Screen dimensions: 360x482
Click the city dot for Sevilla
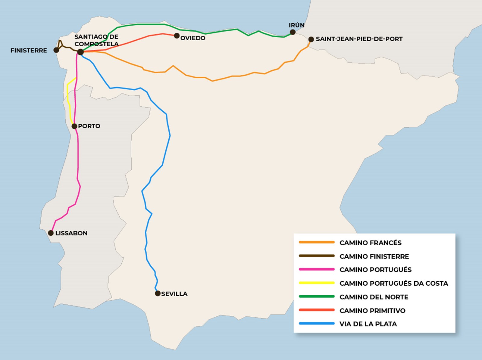(158, 293)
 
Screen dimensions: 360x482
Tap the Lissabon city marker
(51, 233)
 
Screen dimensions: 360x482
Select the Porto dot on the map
(74, 126)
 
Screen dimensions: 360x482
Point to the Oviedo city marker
(177, 36)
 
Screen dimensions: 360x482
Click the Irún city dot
(293, 32)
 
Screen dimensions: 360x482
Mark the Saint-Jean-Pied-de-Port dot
(311, 39)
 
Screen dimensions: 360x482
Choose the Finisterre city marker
(56, 50)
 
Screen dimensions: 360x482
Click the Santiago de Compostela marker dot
(80, 52)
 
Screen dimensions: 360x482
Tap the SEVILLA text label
(174, 294)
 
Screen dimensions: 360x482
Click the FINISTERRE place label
(29, 51)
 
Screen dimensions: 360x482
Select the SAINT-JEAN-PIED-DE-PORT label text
(359, 39)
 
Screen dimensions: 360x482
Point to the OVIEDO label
(193, 38)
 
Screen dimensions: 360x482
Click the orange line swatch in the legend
(317, 242)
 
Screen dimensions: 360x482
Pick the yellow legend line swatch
(317, 283)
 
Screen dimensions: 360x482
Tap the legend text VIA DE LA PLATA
(368, 324)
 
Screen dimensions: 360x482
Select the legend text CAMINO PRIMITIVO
(372, 311)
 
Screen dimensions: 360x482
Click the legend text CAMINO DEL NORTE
(374, 297)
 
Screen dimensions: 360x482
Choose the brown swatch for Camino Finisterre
(317, 256)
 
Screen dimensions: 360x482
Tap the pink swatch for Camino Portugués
(317, 269)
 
